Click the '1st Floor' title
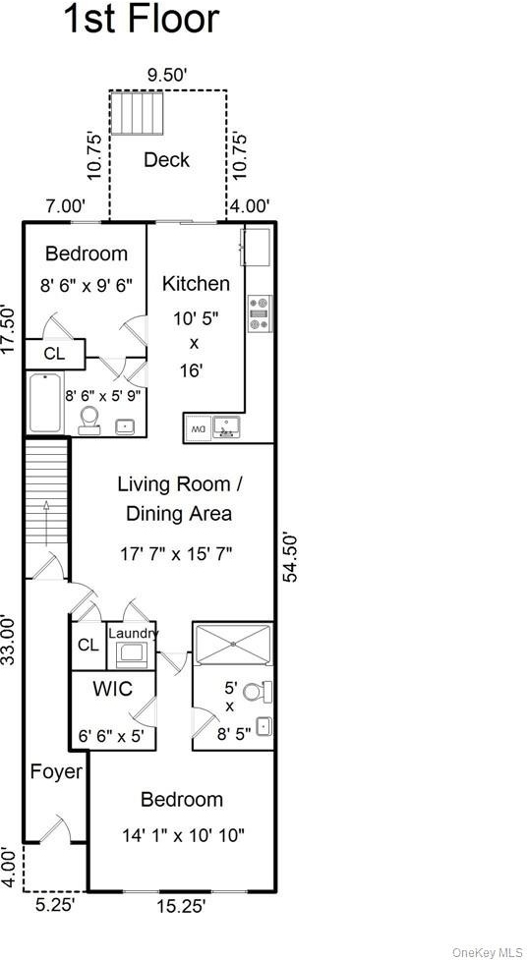(141, 19)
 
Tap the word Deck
(167, 160)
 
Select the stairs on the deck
(138, 113)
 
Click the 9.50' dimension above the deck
(167, 76)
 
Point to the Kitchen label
(196, 283)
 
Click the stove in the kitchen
(260, 313)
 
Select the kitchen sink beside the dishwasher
(227, 426)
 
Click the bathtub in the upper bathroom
(44, 402)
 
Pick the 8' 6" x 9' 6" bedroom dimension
(86, 284)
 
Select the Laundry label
(133, 633)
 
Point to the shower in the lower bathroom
(233, 644)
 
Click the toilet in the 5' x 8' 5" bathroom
(258, 693)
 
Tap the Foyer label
(56, 771)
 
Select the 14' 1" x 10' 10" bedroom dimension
(184, 834)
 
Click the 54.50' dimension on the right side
(292, 557)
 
